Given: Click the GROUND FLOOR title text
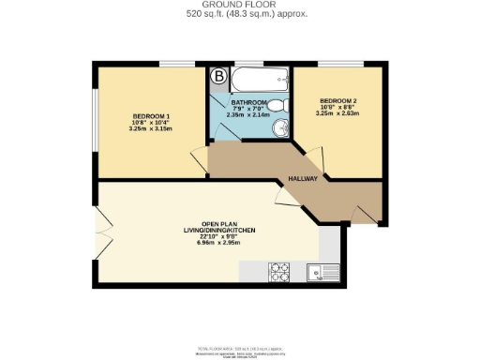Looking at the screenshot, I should (x=240, y=5).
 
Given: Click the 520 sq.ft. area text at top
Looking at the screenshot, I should (x=240, y=14).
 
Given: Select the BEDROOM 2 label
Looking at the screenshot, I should (x=338, y=101).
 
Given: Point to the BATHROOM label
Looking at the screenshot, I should (x=250, y=103).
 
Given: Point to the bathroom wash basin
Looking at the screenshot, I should (x=279, y=128).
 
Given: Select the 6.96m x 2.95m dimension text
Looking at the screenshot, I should (x=219, y=243).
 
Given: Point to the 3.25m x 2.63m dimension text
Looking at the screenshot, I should (x=338, y=114).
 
